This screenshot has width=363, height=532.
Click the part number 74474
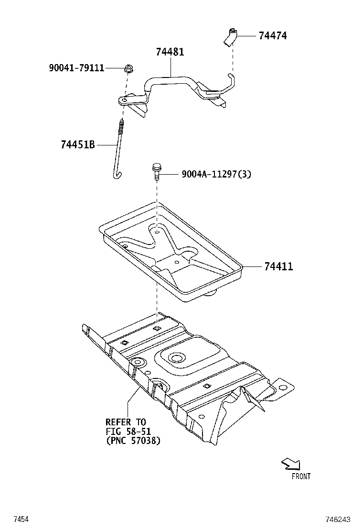[x=273, y=35]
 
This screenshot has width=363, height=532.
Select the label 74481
[x=170, y=52]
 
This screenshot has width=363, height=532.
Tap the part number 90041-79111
[x=77, y=68]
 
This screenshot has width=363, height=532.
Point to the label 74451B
[x=78, y=145]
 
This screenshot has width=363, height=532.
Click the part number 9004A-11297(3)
[x=216, y=175]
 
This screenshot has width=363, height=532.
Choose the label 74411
[x=278, y=266]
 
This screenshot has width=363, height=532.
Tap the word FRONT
[x=301, y=477]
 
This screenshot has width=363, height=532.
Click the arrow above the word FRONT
[x=291, y=464]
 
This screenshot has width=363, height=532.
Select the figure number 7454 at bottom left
[x=21, y=519]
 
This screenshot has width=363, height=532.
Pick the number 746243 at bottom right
[x=338, y=519]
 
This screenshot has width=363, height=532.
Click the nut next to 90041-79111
[x=128, y=68]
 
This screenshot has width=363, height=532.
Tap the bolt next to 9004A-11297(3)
[x=156, y=171]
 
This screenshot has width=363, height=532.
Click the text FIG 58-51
[x=128, y=431]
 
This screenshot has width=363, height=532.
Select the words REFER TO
[x=126, y=422]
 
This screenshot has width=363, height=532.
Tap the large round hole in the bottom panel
[x=177, y=357]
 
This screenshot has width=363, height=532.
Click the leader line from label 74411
[x=253, y=267]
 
